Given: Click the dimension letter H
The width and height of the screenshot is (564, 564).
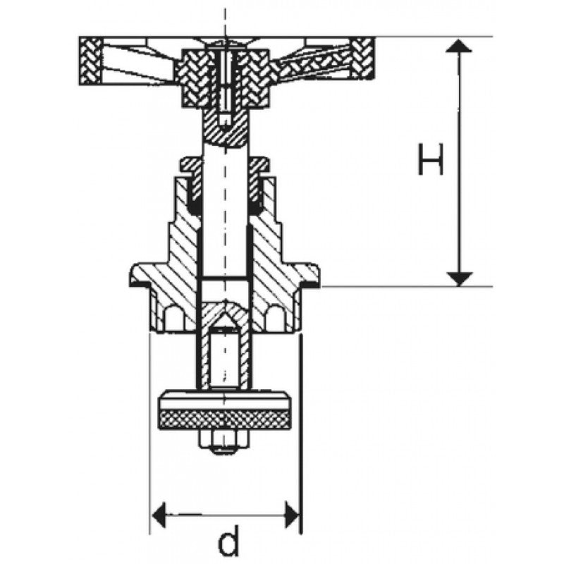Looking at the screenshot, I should (x=430, y=161).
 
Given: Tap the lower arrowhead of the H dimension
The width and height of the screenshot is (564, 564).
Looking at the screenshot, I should (x=459, y=277).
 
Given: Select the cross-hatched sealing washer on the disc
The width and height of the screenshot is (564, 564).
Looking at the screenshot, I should (x=225, y=419).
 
